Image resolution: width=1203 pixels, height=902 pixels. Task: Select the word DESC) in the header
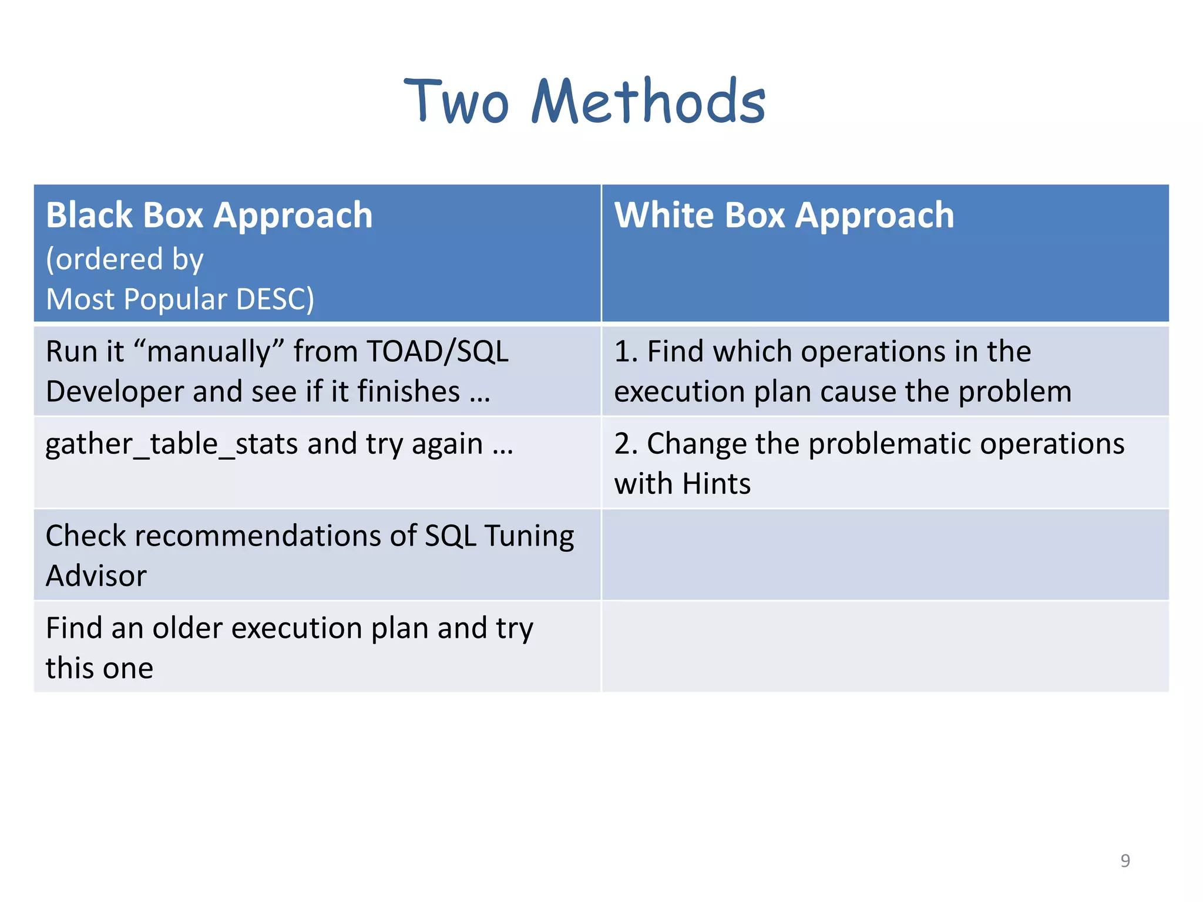point(274,299)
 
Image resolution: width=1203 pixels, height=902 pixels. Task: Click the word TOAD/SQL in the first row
point(437,352)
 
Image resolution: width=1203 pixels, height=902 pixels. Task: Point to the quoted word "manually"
point(209,353)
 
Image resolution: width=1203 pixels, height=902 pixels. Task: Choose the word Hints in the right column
point(716,484)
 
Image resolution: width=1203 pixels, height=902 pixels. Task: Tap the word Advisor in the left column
point(96,575)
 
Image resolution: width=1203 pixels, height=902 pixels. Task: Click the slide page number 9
point(1125,860)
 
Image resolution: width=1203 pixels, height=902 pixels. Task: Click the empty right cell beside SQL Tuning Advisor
point(885,555)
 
